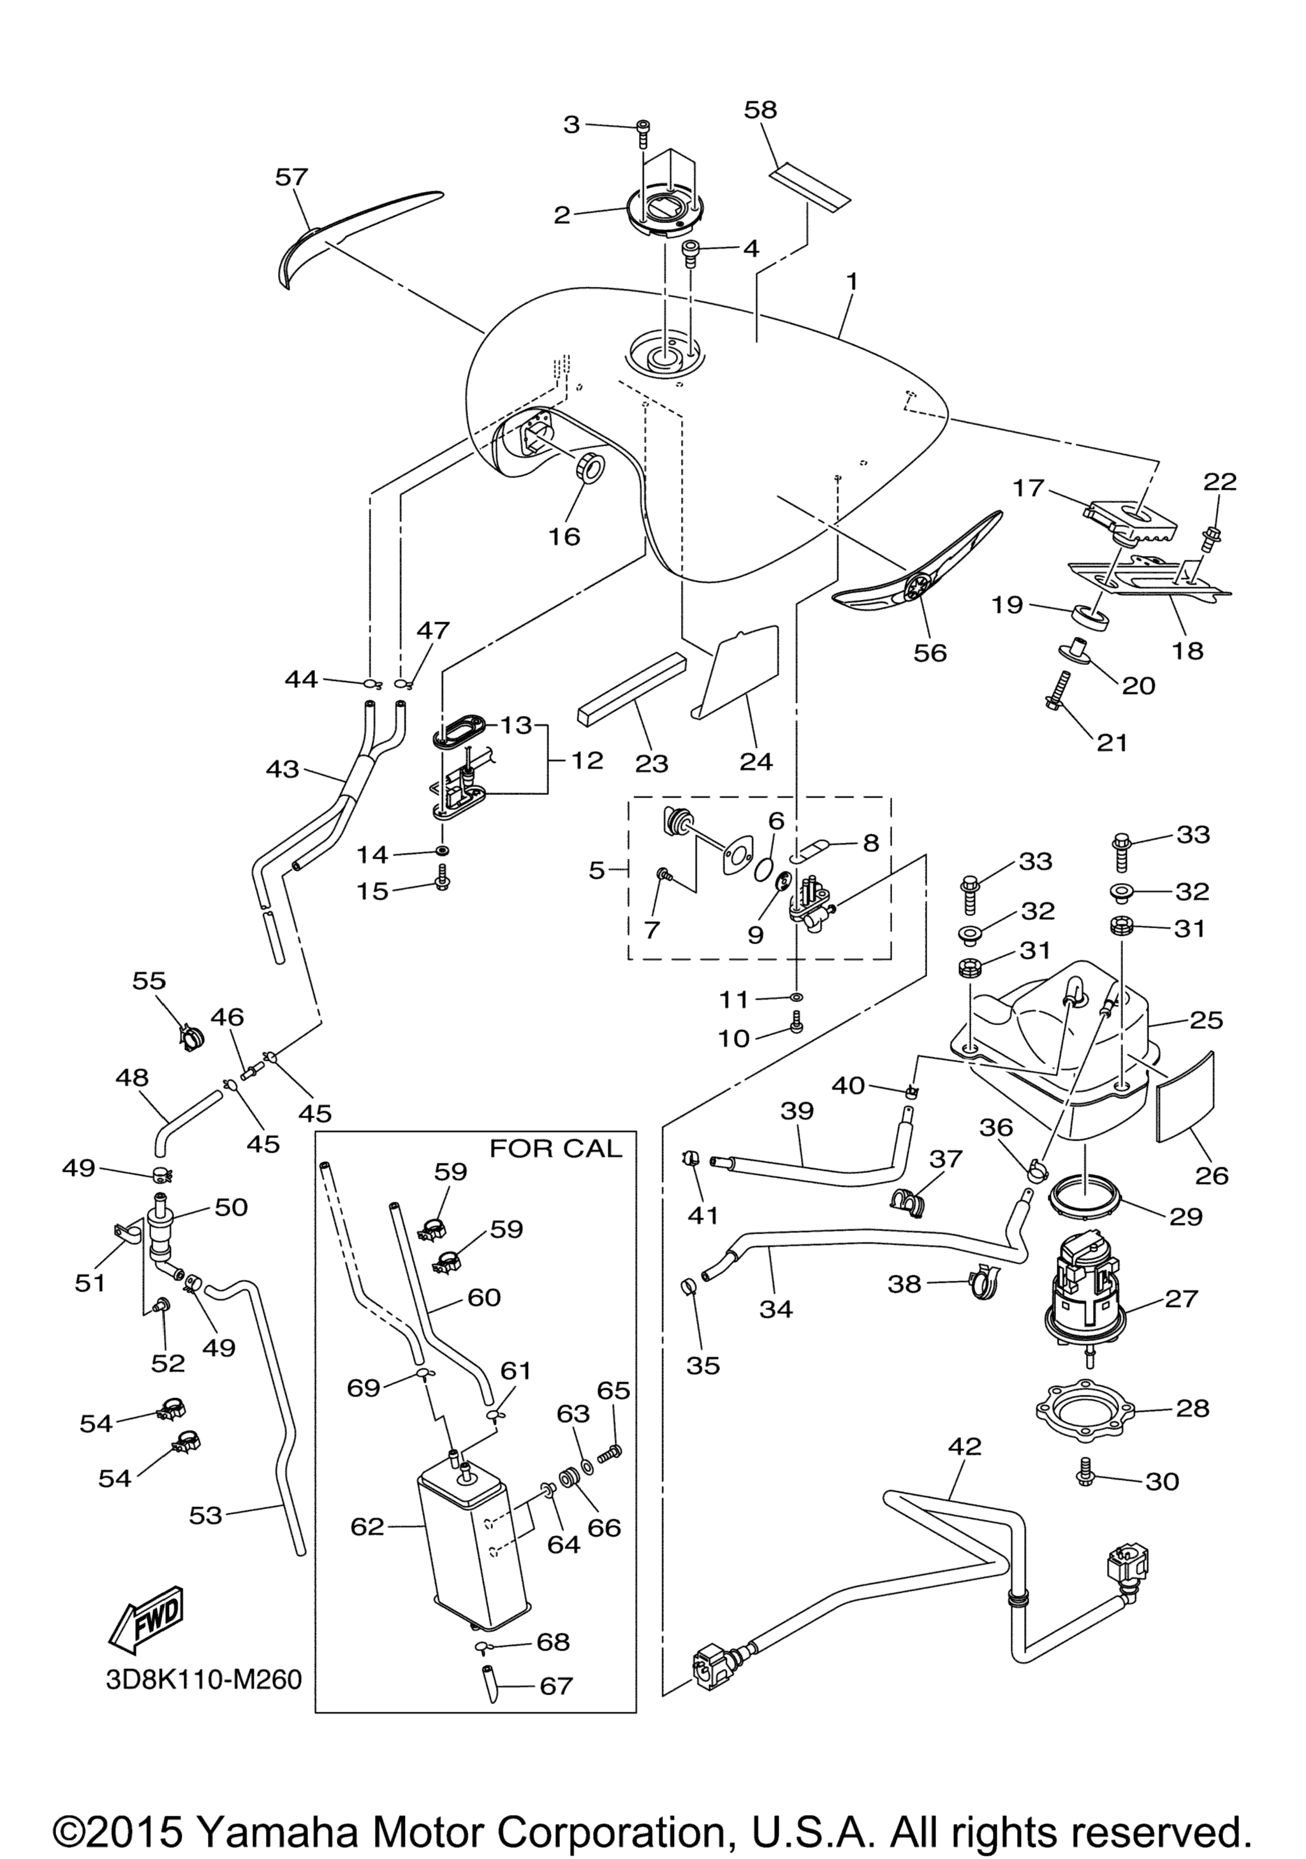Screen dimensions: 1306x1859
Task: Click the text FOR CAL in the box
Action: [555, 1149]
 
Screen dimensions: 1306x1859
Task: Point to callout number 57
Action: [291, 177]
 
